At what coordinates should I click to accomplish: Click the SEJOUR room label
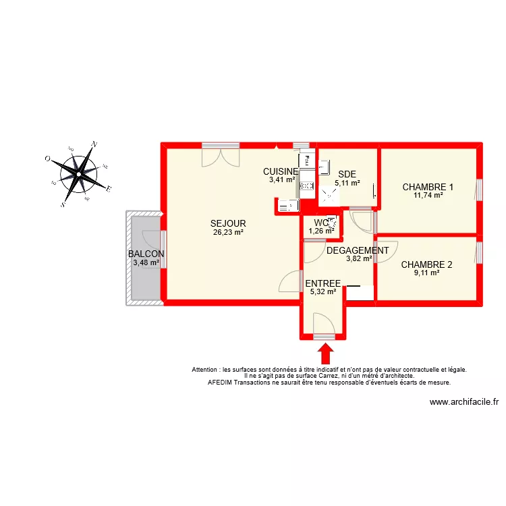(228, 224)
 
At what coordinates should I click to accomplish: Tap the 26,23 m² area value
(228, 233)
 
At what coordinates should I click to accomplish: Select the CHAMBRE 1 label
(428, 187)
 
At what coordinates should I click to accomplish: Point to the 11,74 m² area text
(428, 195)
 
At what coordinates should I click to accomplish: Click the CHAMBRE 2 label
(426, 264)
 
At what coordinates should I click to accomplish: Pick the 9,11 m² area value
(426, 273)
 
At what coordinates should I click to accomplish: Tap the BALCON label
(146, 254)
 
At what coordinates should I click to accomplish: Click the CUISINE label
(281, 171)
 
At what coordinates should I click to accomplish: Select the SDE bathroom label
(347, 174)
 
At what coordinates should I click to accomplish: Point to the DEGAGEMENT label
(358, 250)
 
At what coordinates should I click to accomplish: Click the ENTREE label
(322, 283)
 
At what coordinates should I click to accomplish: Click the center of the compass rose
(80, 174)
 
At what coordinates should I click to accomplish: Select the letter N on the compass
(95, 144)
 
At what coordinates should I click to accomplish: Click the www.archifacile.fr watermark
(463, 403)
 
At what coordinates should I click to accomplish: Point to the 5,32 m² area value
(322, 291)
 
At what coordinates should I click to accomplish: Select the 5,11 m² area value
(347, 182)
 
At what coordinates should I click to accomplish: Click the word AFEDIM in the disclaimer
(221, 382)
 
